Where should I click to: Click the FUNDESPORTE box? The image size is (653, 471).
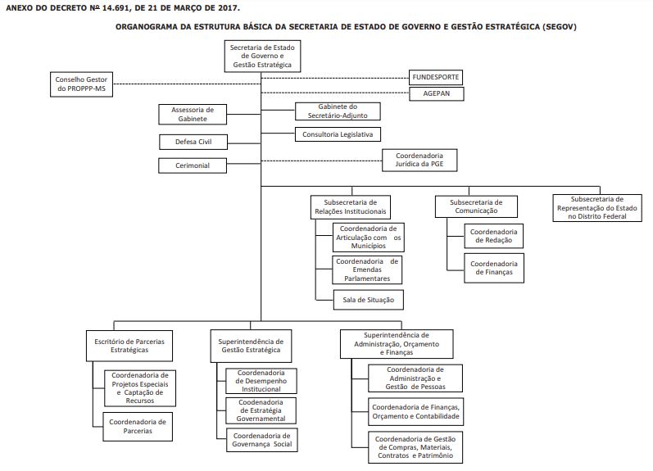coord(436,78)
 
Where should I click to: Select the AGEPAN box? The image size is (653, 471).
coord(437,93)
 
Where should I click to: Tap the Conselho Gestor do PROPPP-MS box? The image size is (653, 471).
coord(82,84)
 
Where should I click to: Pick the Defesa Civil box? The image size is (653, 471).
coord(193,142)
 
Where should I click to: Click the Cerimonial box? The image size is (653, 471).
coord(193,165)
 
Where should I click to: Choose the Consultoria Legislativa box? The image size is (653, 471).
coord(338,134)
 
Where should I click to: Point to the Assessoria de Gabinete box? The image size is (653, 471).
coord(193,115)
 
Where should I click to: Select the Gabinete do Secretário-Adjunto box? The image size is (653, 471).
coord(338,111)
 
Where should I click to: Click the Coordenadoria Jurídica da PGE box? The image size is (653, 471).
coord(419,161)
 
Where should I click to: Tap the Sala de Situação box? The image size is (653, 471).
coord(369,300)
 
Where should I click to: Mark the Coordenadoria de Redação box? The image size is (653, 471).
coord(494,236)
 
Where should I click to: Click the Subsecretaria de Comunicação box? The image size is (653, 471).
coord(476,206)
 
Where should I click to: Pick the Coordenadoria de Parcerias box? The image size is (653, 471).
coord(138,427)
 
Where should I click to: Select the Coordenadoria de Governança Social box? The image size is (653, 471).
coord(262,440)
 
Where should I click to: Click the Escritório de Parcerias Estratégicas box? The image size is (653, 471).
coord(129,346)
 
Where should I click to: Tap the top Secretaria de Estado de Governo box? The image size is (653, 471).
coord(262,57)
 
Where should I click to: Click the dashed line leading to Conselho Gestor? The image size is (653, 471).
coord(187,84)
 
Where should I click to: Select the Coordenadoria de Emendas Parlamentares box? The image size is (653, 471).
coord(367,269)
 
